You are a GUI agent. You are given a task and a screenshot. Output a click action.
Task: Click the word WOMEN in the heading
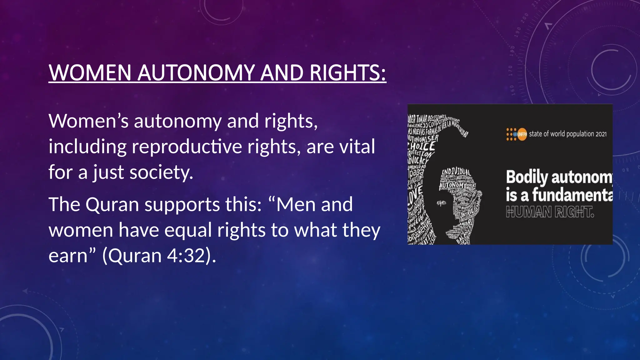pos(90,73)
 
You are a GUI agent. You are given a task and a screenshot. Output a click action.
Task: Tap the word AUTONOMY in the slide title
pos(196,73)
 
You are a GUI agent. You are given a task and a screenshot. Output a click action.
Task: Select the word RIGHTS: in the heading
pos(347,73)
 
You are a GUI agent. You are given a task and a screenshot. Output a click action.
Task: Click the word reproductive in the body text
pos(187,147)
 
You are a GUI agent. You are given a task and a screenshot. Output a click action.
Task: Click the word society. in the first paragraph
pos(161,172)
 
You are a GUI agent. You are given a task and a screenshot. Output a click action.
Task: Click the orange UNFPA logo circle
pos(522,134)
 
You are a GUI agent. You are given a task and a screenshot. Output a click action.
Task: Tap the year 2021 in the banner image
pos(601,134)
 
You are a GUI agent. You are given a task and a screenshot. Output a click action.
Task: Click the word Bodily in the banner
pos(527,177)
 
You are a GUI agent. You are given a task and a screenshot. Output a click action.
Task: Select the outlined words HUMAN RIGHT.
pos(550,212)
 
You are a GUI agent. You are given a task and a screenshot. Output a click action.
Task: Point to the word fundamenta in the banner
pos(572,195)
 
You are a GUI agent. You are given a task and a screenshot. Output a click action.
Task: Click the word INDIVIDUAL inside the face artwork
pos(456,172)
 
